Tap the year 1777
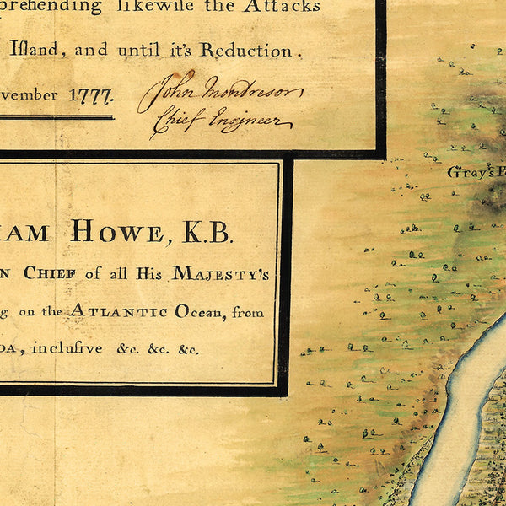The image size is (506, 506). (x=90, y=94)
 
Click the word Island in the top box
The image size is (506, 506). (x=35, y=50)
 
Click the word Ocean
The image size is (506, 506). (x=191, y=312)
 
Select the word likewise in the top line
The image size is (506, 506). (x=169, y=8)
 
